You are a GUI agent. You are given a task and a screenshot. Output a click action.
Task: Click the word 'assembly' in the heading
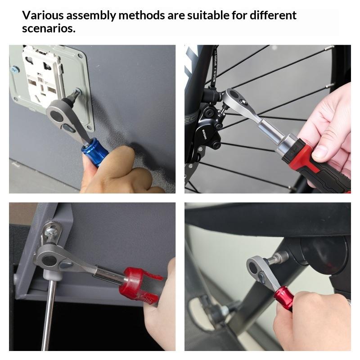point(91,16)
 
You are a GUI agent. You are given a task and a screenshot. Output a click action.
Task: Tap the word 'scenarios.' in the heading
point(49,28)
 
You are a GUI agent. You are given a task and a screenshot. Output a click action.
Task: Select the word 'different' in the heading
point(273,15)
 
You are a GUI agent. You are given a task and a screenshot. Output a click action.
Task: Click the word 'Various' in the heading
point(43,15)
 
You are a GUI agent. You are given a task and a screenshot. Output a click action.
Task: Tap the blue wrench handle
point(94,151)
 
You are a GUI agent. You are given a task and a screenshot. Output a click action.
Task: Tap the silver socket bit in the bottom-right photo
point(279,258)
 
